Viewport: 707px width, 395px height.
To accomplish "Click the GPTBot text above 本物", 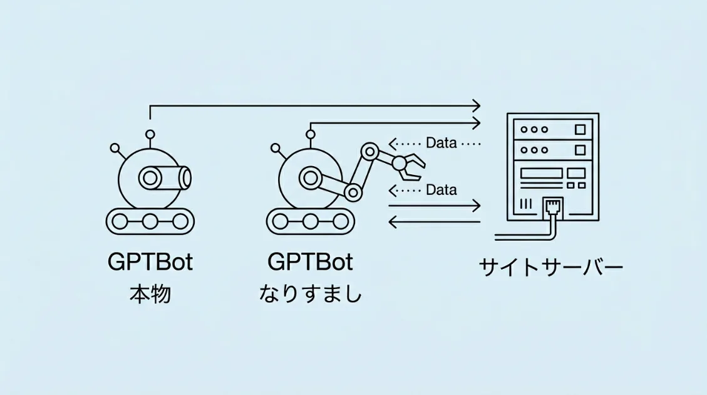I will tap(150, 262).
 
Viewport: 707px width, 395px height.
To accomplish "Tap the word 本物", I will tap(150, 294).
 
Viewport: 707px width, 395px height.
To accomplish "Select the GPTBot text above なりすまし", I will tap(310, 262).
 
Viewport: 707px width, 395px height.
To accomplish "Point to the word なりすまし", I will tap(311, 294).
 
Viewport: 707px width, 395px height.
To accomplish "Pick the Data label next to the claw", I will tap(441, 143).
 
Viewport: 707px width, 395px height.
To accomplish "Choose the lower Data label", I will tap(441, 189).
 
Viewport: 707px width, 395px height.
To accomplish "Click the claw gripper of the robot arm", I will tap(411, 164).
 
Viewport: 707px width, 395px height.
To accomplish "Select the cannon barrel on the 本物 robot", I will tap(168, 177).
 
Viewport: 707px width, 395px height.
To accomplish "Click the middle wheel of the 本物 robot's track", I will tap(150, 221).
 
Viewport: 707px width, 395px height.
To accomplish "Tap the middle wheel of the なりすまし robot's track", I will tap(310, 221).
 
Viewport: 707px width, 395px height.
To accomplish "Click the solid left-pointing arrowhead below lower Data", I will tap(392, 221).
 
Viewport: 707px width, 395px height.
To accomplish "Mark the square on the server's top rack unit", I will tap(581, 130).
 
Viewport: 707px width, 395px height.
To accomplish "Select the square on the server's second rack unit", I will tap(581, 150).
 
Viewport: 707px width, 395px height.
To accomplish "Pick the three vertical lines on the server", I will tap(525, 204).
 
